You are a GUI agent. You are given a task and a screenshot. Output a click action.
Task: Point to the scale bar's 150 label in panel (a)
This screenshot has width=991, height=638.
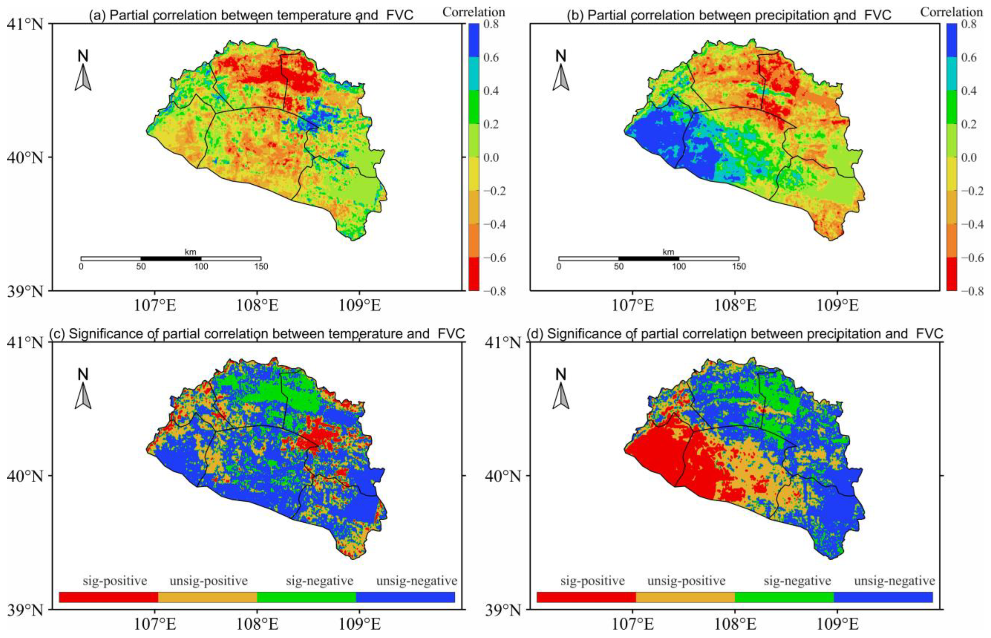click(x=261, y=266)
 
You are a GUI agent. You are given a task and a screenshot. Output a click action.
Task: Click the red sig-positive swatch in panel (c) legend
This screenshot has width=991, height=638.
click(x=109, y=597)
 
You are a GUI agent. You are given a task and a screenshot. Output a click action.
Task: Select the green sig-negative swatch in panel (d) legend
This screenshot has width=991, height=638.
click(x=784, y=597)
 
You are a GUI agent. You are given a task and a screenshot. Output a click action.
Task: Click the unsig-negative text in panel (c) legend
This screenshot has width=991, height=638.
click(x=417, y=581)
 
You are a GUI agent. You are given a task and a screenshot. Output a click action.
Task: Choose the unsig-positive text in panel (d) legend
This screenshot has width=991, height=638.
click(x=686, y=581)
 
